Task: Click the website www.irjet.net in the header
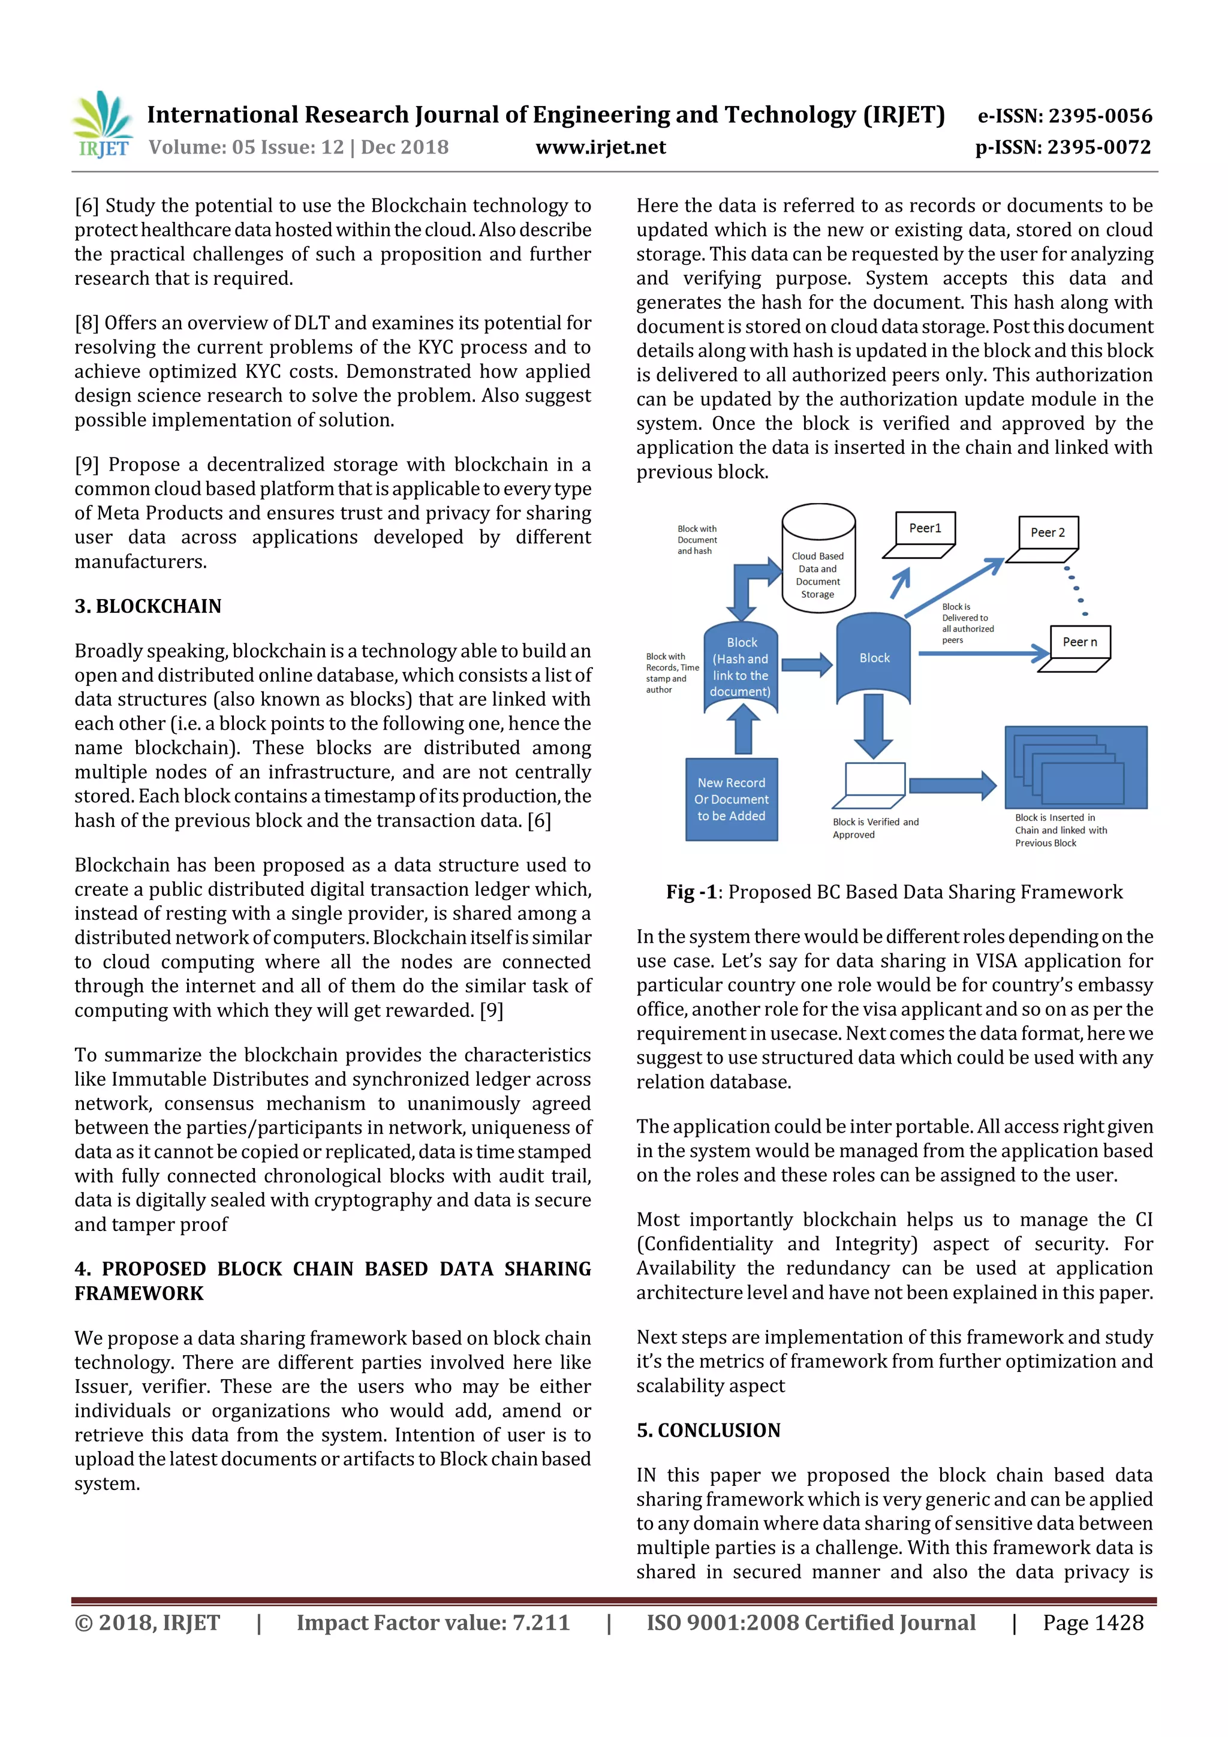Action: [x=601, y=147]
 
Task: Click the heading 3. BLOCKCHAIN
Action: [x=148, y=606]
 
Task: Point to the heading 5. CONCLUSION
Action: [x=708, y=1430]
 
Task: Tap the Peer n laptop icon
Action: [x=1075, y=648]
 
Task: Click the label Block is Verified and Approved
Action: [x=875, y=829]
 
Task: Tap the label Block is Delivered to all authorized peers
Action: [x=967, y=624]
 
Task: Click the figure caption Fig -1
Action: [x=893, y=892]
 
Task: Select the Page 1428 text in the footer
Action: [x=1092, y=1622]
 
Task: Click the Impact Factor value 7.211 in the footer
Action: [x=433, y=1622]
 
